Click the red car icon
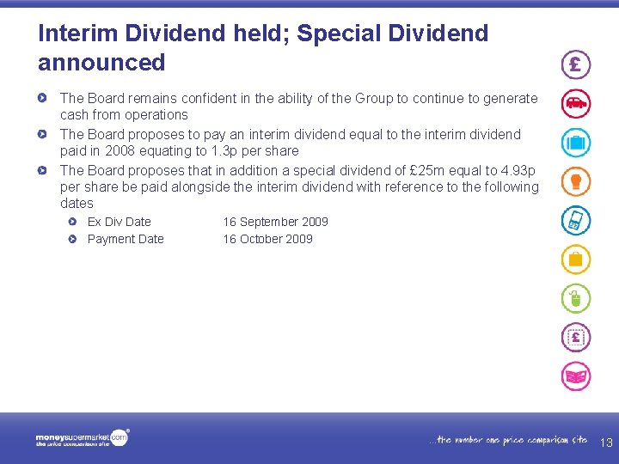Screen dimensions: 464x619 (x=576, y=103)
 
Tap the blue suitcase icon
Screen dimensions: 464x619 (x=576, y=142)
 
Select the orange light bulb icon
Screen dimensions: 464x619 (x=576, y=180)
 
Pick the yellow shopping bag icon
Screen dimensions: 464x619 (x=576, y=259)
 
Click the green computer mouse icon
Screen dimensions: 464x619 (x=576, y=298)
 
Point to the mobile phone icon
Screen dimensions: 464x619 (x=576, y=220)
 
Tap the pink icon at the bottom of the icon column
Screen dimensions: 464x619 (x=576, y=376)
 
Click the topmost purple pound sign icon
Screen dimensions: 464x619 (x=576, y=64)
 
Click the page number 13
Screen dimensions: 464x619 (x=606, y=443)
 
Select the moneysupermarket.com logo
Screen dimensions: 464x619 (x=82, y=438)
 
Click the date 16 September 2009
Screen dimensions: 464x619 (x=275, y=222)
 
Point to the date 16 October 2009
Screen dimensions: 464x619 (x=267, y=239)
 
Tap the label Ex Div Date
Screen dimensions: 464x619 (x=119, y=222)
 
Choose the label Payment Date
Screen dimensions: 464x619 (x=126, y=239)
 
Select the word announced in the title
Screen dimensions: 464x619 (x=101, y=63)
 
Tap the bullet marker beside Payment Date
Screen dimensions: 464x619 (x=74, y=239)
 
